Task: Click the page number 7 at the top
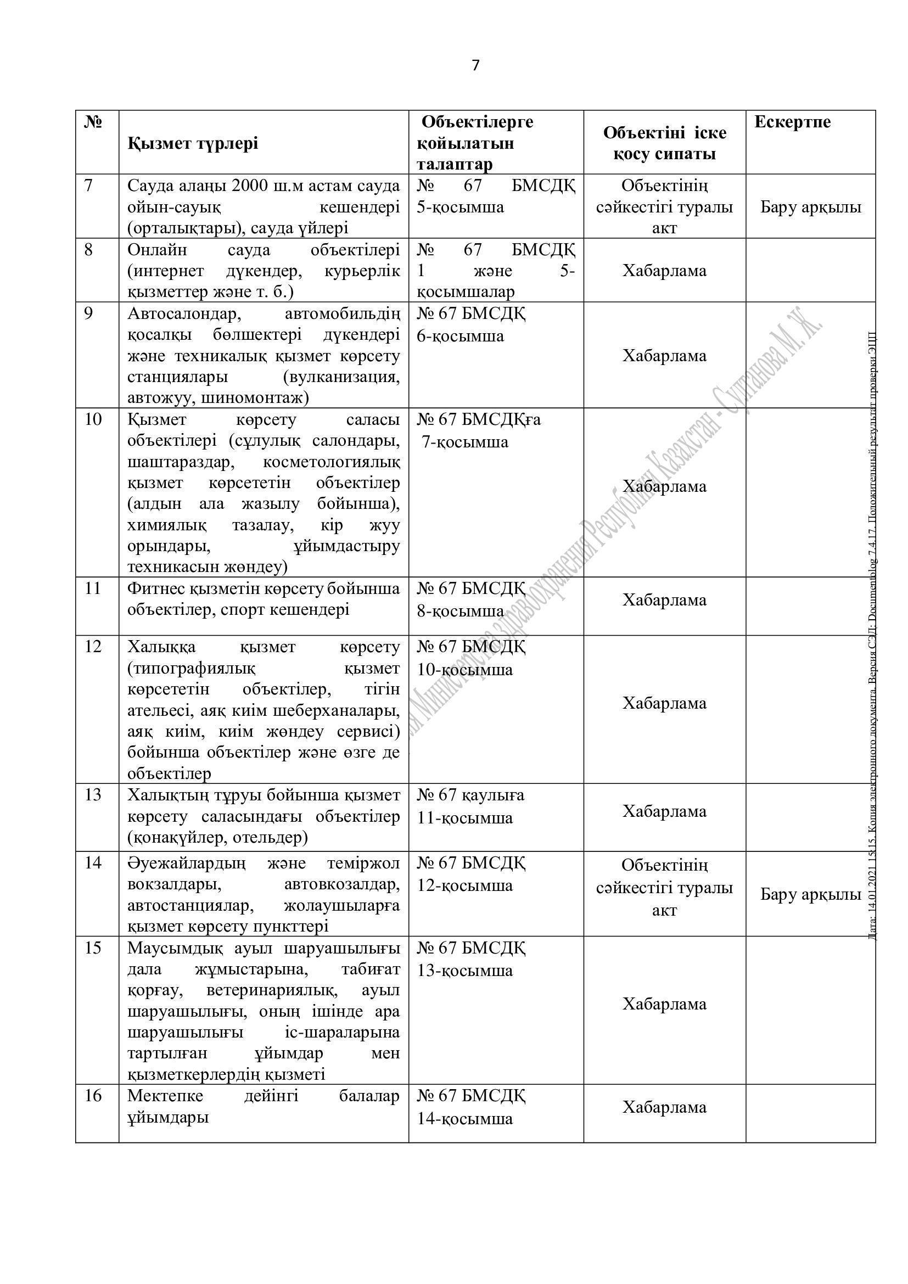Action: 475,65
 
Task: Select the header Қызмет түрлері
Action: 193,143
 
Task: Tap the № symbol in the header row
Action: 92,122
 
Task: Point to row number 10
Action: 93,419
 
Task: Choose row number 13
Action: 93,795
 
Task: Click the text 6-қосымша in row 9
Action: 460,336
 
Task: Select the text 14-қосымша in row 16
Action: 464,1118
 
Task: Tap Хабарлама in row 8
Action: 664,271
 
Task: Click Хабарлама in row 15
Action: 664,1003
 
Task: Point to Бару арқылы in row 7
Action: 810,207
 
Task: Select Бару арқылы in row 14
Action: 810,894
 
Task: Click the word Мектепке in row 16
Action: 165,1095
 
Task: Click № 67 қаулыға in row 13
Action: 470,795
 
